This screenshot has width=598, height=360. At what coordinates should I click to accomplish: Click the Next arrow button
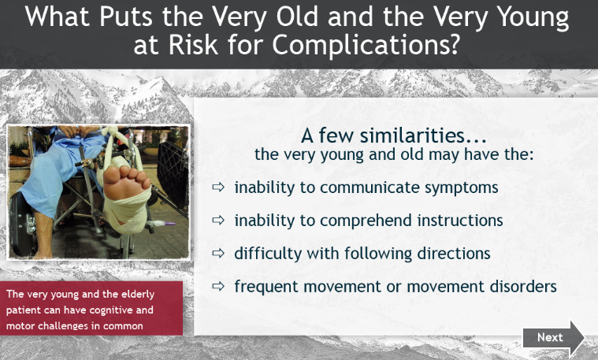pyautogui.click(x=553, y=338)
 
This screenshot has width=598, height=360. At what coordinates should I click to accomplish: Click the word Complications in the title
pyautogui.click(x=365, y=45)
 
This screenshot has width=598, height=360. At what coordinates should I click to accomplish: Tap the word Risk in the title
pyautogui.click(x=193, y=45)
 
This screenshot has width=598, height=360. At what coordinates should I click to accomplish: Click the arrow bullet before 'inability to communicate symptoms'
pyautogui.click(x=218, y=187)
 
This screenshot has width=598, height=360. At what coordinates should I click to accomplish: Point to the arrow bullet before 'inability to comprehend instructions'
pyautogui.click(x=218, y=220)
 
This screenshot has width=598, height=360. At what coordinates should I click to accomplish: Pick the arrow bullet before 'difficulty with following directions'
pyautogui.click(x=218, y=253)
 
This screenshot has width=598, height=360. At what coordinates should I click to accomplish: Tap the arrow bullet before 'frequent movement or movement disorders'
pyautogui.click(x=218, y=286)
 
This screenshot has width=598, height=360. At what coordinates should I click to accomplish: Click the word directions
pyautogui.click(x=454, y=253)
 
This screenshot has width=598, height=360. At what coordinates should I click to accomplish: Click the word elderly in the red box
pyautogui.click(x=138, y=295)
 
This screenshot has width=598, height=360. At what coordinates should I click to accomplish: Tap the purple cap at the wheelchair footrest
pyautogui.click(x=169, y=223)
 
